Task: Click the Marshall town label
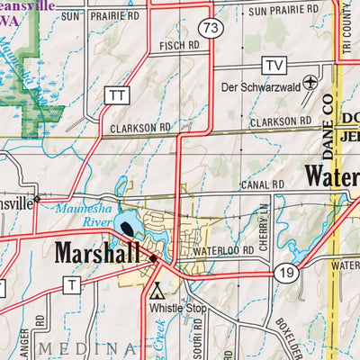point(98,253)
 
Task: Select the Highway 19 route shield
point(285,273)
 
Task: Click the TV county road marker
point(274,65)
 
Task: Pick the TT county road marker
point(116,94)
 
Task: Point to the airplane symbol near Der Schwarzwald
point(310,82)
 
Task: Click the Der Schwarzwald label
point(261,87)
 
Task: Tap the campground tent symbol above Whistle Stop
point(157,291)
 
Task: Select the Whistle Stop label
point(174,308)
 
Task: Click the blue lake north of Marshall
point(126,221)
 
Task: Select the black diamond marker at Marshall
point(153,258)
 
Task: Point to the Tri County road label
point(346,27)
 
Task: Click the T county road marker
point(71,284)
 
